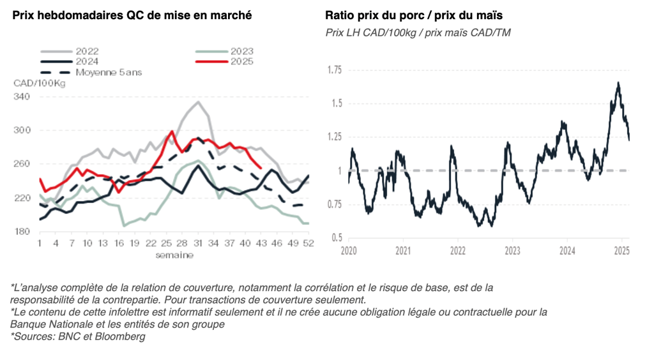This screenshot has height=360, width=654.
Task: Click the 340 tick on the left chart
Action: pyautogui.click(x=22, y=96)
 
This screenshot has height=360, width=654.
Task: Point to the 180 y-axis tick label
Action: pyautogui.click(x=22, y=232)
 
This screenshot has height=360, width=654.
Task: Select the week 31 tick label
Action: pyautogui.click(x=198, y=243)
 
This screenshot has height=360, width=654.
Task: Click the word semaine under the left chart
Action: pyautogui.click(x=174, y=255)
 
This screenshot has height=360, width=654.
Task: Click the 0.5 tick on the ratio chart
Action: pyautogui.click(x=336, y=238)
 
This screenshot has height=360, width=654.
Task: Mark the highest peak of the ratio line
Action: pyautogui.click(x=618, y=82)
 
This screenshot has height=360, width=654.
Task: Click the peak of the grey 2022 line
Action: pyautogui.click(x=199, y=101)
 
